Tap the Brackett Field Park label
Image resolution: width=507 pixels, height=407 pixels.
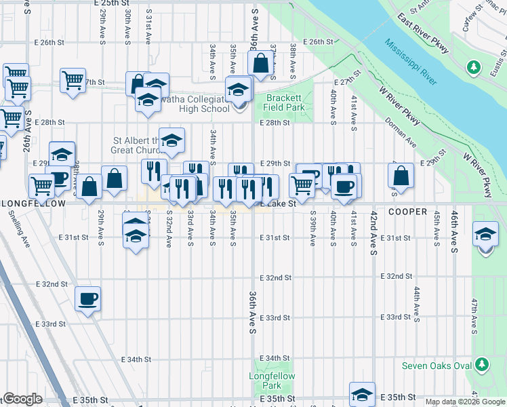click(x=283, y=102)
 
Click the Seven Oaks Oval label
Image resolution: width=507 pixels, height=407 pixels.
click(x=445, y=366)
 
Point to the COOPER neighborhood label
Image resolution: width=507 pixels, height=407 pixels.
click(x=407, y=212)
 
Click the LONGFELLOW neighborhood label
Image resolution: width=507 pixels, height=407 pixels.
click(x=33, y=203)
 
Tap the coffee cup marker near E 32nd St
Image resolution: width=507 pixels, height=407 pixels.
click(x=87, y=298)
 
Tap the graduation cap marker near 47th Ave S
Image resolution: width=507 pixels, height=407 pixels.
click(x=485, y=234)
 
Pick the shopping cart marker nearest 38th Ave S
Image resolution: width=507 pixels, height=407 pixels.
click(x=302, y=183)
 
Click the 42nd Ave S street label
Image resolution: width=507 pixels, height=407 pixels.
click(x=373, y=232)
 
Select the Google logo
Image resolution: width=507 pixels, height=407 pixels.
click(x=22, y=399)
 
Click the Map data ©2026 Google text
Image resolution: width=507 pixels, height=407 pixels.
click(x=465, y=402)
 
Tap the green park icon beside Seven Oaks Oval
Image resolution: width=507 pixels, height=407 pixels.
click(x=482, y=366)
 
